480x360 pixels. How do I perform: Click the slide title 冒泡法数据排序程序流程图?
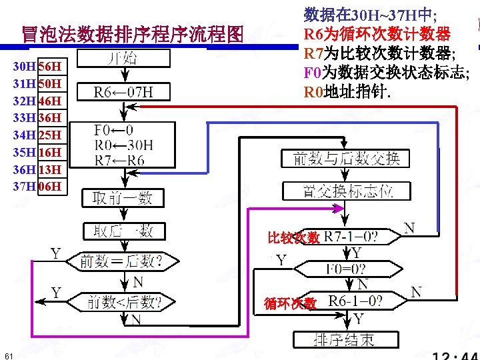pos(132,34)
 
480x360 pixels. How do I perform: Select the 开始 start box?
pos(123,59)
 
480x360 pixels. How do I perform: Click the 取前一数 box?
pos(123,197)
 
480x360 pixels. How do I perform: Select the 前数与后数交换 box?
pos(347,159)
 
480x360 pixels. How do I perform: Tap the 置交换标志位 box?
pos(347,191)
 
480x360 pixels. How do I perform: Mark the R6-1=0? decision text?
pos(355,301)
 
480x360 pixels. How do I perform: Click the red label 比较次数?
pos(294,237)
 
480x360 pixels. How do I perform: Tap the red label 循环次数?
pos(290,303)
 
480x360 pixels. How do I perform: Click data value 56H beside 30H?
pos(50,67)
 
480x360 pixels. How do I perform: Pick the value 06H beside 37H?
pos(50,186)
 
